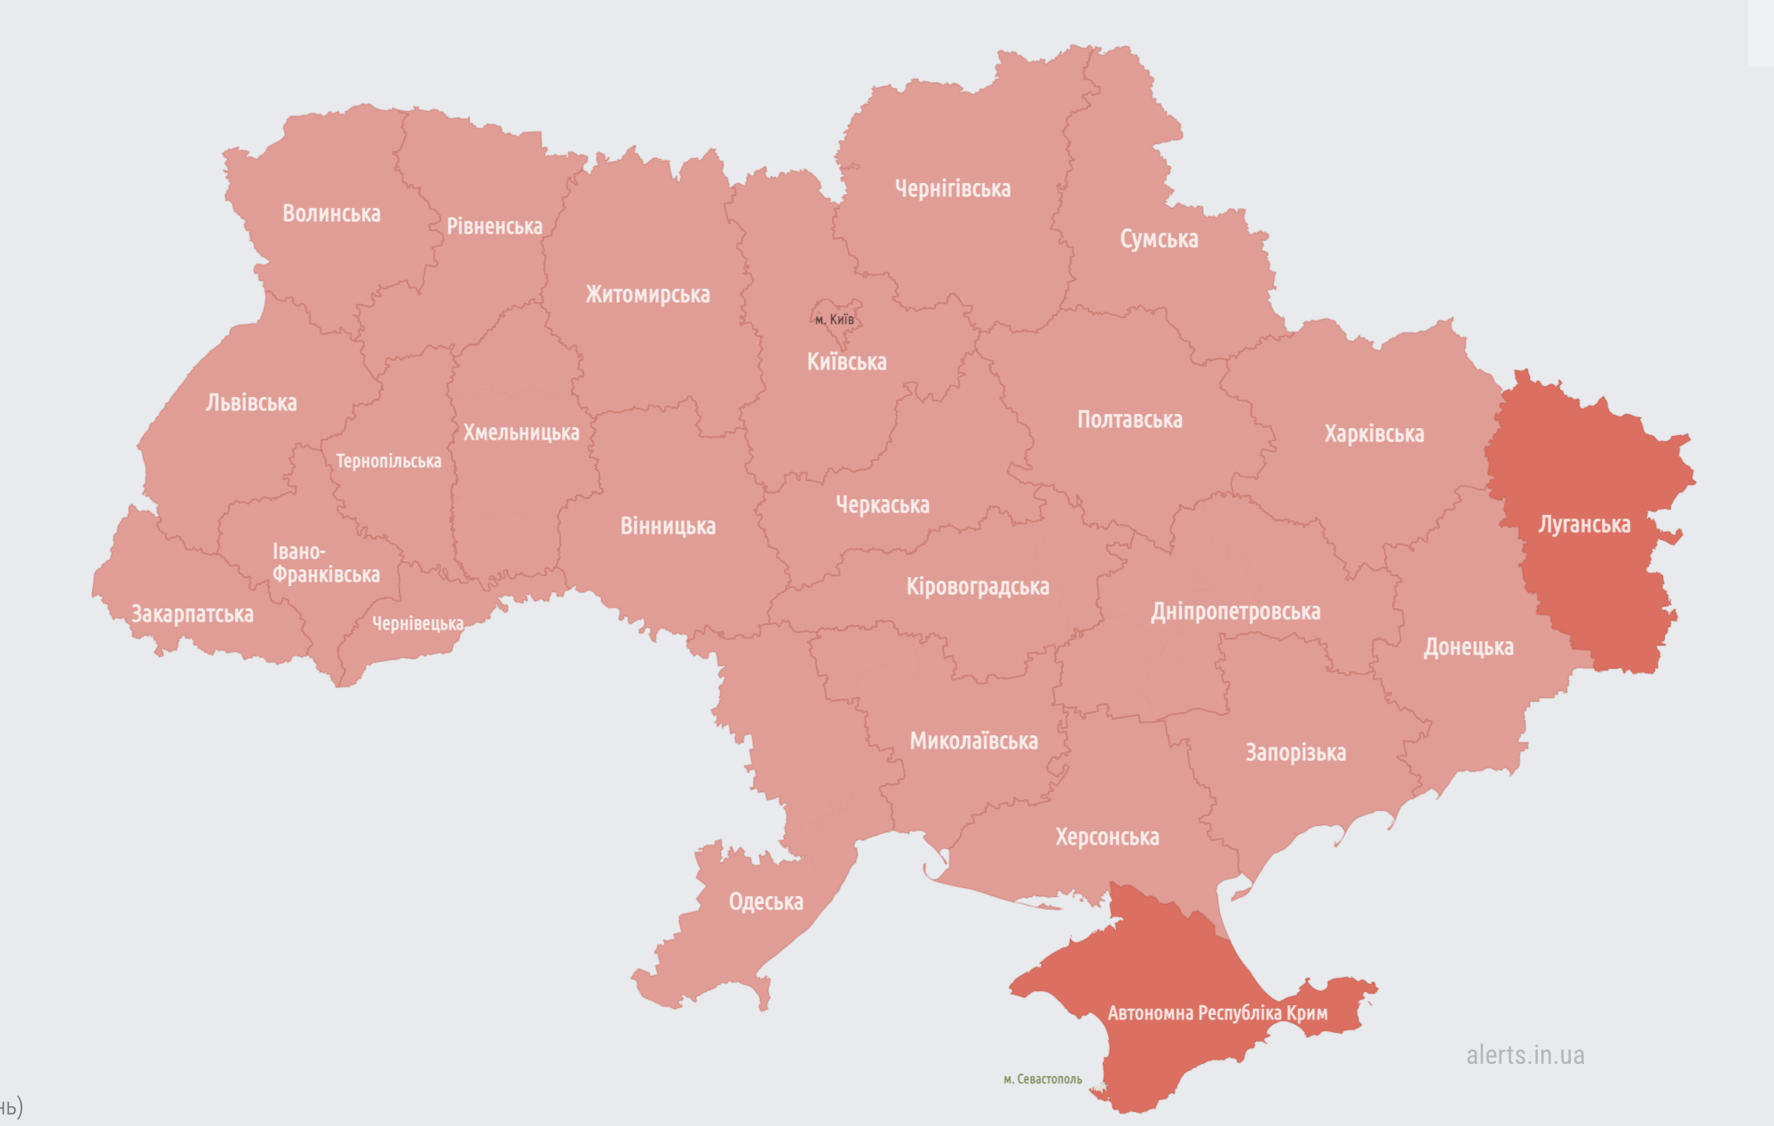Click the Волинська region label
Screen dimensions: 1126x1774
[331, 214]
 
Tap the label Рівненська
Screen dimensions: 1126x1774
[494, 226]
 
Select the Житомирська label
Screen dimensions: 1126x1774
[647, 295]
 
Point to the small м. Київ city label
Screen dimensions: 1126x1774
[835, 320]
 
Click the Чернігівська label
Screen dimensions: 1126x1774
[952, 189]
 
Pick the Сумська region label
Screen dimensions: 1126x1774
[1159, 239]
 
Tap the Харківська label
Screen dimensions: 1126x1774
[1374, 434]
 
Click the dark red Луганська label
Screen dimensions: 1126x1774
[1584, 525]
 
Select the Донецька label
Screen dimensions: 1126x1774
[1469, 647]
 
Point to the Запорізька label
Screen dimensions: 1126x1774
[1295, 753]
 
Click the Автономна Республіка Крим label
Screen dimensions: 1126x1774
[1217, 1013]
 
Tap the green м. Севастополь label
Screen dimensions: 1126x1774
[1042, 1080]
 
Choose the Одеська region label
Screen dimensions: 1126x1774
[765, 902]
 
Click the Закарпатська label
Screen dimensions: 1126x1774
[192, 615]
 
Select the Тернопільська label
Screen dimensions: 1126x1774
[388, 462]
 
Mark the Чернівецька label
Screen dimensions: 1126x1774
[417, 624]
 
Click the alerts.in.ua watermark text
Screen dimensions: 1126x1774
[1525, 1055]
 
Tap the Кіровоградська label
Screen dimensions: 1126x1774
[978, 587]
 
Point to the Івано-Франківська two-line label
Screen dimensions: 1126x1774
[325, 563]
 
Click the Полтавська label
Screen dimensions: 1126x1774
[1129, 420]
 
